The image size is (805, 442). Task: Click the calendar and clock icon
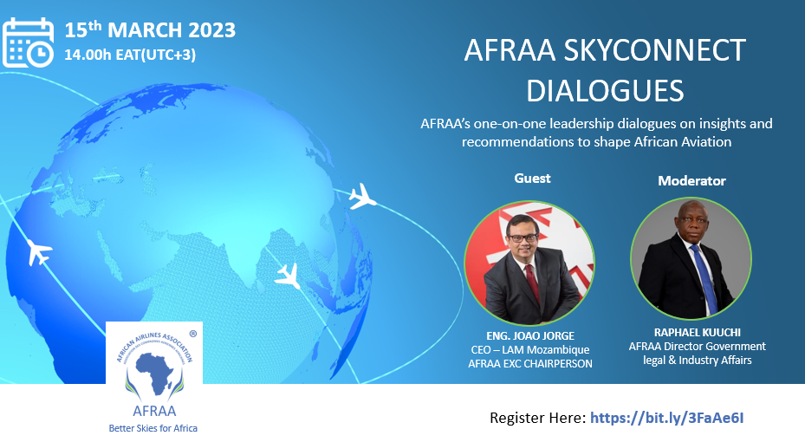[29, 42]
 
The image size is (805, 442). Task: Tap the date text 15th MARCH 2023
[150, 29]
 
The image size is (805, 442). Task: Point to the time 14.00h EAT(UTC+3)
[130, 55]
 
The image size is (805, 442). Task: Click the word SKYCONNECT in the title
[654, 50]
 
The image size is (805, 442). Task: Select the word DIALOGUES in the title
[605, 91]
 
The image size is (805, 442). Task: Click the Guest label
[532, 179]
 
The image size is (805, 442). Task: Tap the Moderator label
[691, 181]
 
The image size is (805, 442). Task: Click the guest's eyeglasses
[523, 237]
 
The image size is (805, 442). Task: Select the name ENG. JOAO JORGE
[530, 335]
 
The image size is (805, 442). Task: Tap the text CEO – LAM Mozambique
[530, 349]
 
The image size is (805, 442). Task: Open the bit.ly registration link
[667, 418]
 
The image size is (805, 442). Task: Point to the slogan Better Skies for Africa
[153, 428]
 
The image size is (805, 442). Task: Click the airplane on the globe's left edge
[38, 251]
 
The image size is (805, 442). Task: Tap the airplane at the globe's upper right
[362, 197]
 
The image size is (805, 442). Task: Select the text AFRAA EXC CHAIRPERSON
[530, 363]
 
